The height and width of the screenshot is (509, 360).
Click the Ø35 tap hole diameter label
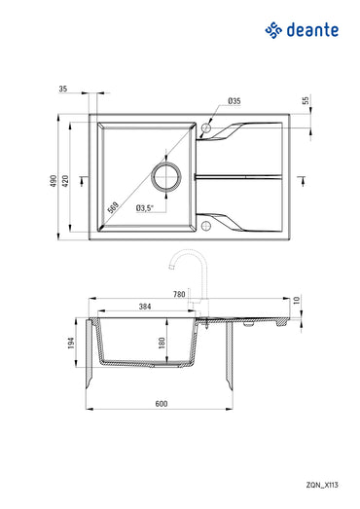pos(234,101)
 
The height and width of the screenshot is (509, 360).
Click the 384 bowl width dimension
pos(145,308)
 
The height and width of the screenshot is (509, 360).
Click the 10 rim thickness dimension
pos(297,301)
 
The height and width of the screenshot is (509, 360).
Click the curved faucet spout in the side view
pos(178,262)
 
